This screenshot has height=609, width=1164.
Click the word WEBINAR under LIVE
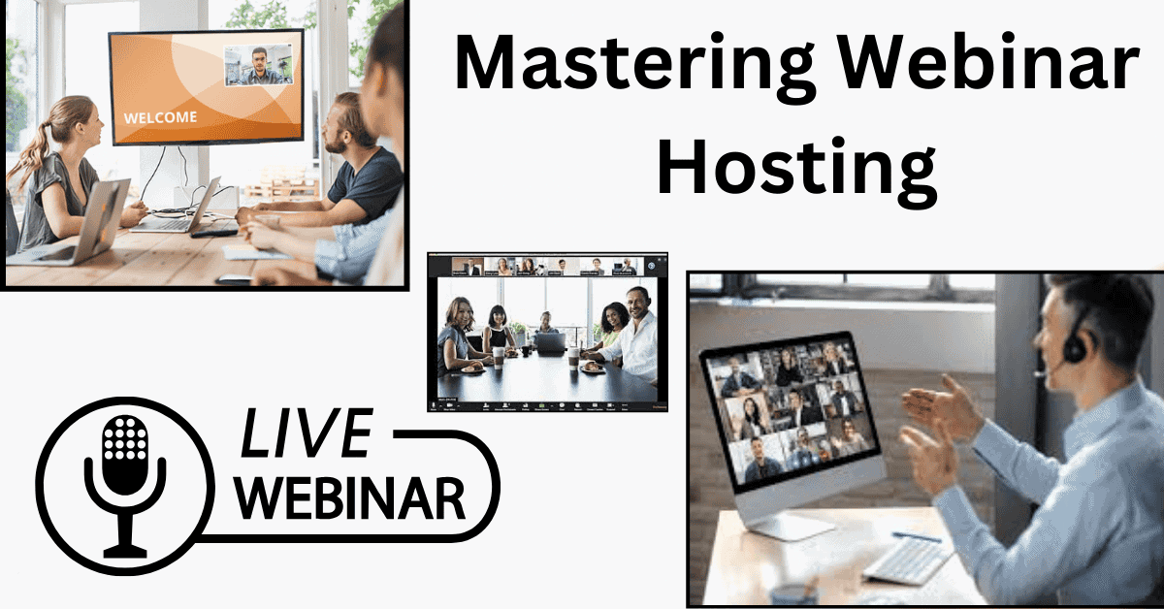coord(352,497)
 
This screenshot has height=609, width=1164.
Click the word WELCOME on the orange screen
coord(160,117)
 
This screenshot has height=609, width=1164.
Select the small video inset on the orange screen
coord(258,66)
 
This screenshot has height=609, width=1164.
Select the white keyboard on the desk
coord(908,561)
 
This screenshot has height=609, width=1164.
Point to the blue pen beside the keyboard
coord(917,536)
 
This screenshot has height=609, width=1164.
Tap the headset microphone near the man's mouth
coord(1039,372)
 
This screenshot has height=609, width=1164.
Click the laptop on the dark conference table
coord(550,343)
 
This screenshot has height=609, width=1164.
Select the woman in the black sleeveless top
coord(497,331)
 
